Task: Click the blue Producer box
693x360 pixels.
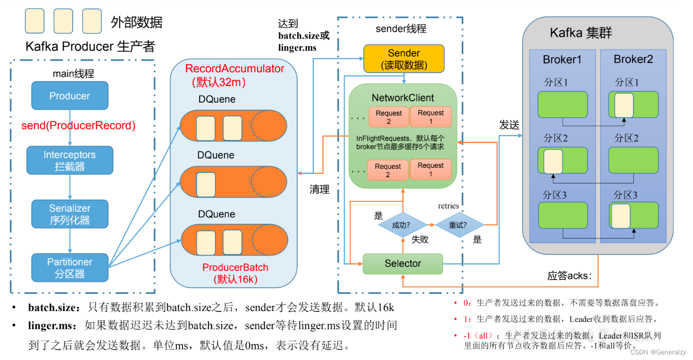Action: click(69, 96)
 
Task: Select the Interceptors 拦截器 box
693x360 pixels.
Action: click(69, 160)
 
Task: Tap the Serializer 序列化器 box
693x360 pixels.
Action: click(69, 214)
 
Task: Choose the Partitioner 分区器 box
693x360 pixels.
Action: click(69, 268)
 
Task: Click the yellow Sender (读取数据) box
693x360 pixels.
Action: click(403, 59)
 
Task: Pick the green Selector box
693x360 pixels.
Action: click(402, 263)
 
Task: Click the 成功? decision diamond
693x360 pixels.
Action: click(401, 225)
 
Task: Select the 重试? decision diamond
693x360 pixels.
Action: click(459, 225)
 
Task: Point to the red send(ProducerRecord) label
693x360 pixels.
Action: click(78, 125)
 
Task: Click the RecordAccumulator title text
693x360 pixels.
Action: click(235, 69)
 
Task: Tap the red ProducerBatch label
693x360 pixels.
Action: click(235, 267)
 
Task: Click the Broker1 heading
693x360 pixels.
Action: click(562, 60)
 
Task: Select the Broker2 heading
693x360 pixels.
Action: click(633, 59)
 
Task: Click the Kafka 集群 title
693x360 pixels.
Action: click(581, 33)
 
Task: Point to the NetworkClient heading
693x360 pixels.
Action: click(402, 98)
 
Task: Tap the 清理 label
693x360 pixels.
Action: click(319, 189)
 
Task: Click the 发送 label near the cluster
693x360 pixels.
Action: click(509, 125)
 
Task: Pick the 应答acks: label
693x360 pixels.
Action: click(569, 276)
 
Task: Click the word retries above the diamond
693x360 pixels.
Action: click(448, 206)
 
